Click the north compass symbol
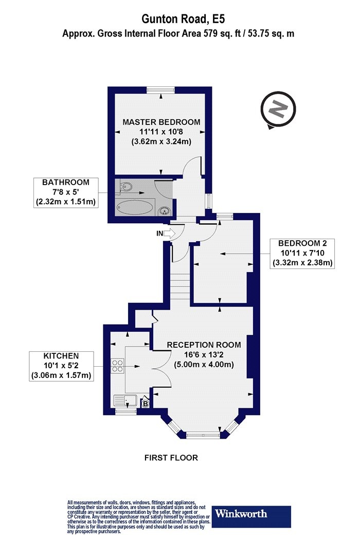point(278,110)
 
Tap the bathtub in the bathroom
point(135,208)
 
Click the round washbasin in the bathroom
point(165,210)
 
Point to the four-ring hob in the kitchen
point(117,365)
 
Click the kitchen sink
point(125,400)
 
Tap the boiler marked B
point(146,403)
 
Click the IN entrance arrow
point(170,234)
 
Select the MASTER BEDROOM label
point(161,122)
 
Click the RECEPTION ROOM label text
point(204,345)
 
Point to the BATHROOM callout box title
point(65,182)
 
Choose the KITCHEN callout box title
point(61,356)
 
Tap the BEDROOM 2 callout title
point(302,243)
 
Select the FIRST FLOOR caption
point(171,458)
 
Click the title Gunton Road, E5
point(183,19)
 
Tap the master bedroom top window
point(160,90)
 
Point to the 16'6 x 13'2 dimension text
point(204,354)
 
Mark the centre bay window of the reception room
point(203,435)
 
